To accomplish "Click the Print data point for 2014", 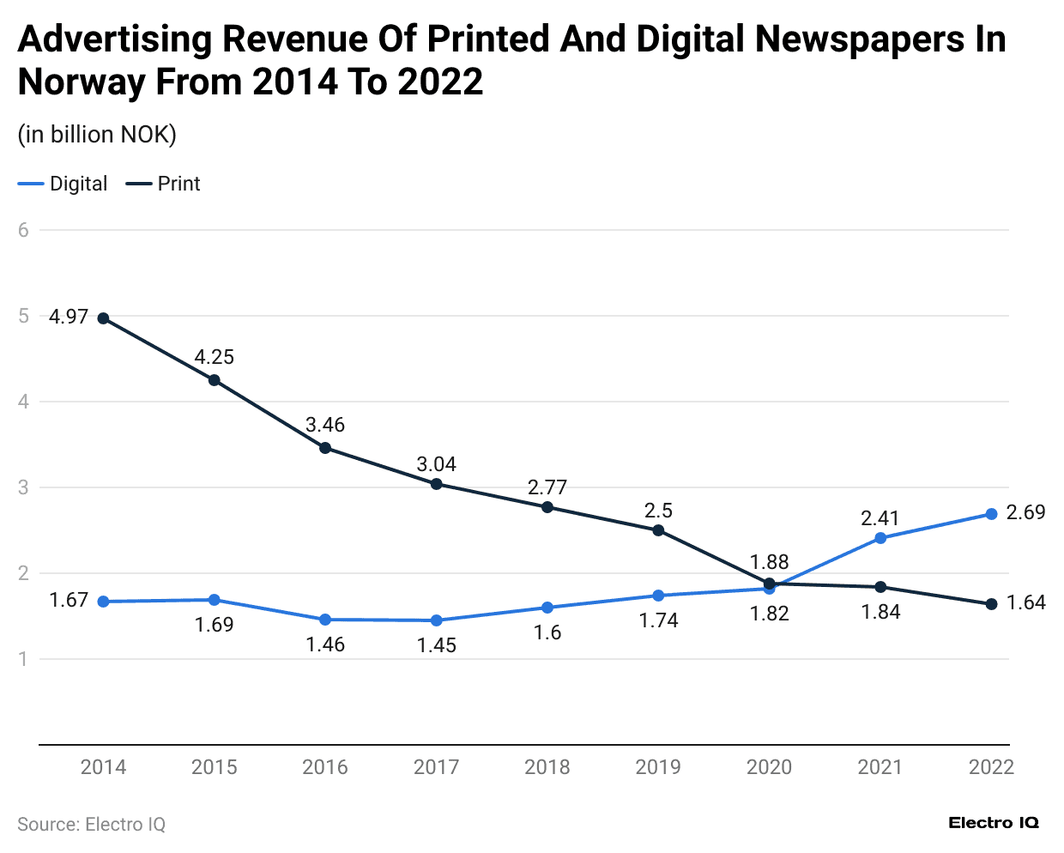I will click(104, 318).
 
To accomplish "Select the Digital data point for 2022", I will click(991, 514).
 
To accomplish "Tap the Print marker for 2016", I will click(325, 448).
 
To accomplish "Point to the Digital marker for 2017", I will click(436, 620).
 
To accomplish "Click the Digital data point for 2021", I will click(880, 538).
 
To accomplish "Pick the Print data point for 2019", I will click(658, 530).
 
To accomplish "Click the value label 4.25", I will click(214, 357).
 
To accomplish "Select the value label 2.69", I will click(1025, 512).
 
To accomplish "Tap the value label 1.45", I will click(436, 645).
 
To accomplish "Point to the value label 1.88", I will click(769, 562).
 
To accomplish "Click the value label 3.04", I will click(436, 464).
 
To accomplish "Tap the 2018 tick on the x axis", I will click(547, 767).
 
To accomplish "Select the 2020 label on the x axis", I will click(769, 767).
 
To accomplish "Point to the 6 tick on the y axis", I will click(24, 230).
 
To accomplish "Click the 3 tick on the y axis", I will click(24, 487).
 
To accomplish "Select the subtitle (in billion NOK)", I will click(97, 135).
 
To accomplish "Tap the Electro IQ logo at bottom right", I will click(994, 823).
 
